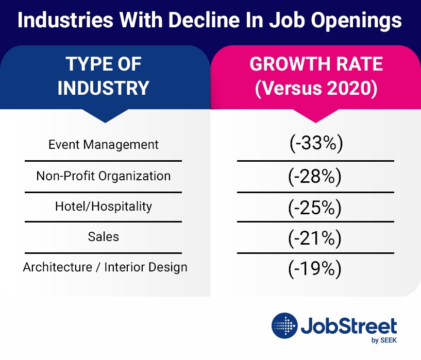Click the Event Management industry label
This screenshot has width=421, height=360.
click(x=104, y=145)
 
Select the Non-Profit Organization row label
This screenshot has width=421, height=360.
click(x=104, y=176)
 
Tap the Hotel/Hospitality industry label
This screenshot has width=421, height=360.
click(x=104, y=207)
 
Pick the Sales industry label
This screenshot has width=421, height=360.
click(x=104, y=237)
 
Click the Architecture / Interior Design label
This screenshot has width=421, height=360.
click(x=105, y=268)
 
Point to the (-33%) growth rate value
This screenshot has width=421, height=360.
click(x=315, y=144)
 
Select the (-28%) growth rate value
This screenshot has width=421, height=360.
click(x=315, y=176)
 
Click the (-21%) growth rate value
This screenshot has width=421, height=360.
click(x=315, y=237)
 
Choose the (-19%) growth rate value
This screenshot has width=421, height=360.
click(x=315, y=268)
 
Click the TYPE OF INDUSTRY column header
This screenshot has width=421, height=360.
click(x=104, y=76)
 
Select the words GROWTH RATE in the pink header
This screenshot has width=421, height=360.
click(x=316, y=64)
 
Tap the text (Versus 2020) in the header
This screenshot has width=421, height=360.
click(x=316, y=88)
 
